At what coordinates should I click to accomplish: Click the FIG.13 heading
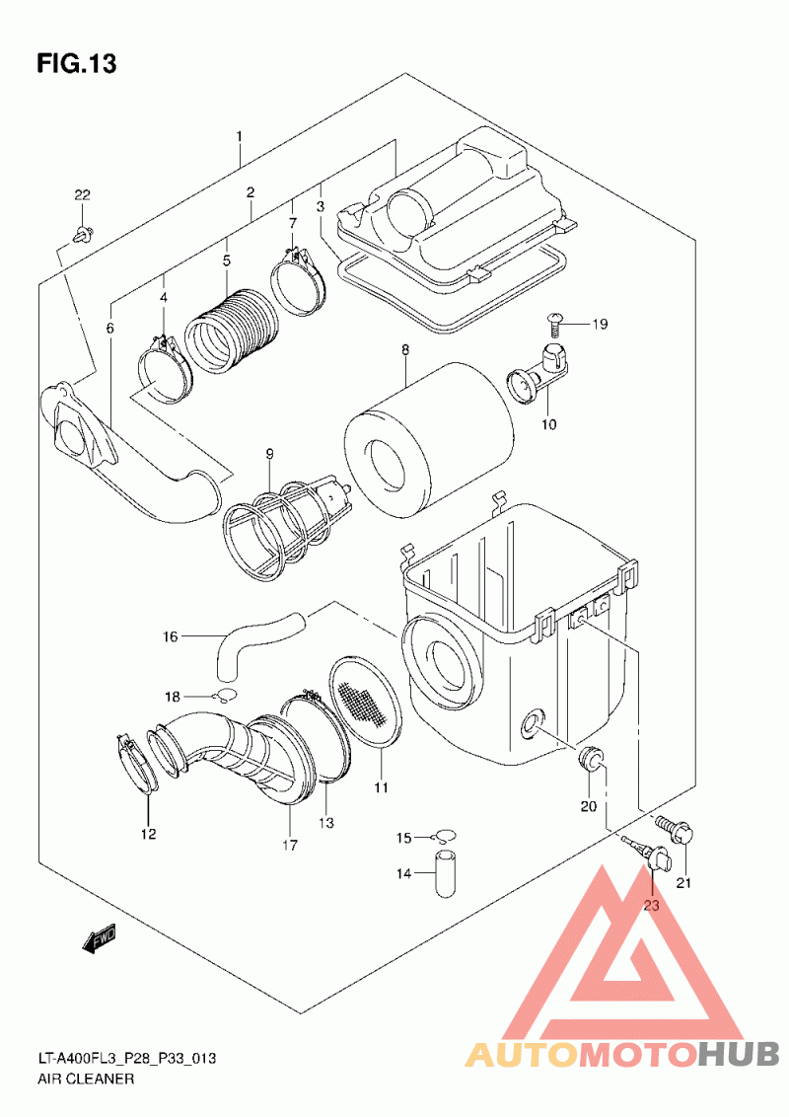[x=76, y=63]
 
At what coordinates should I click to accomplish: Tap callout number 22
[x=83, y=195]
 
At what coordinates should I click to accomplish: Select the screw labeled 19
[x=555, y=324]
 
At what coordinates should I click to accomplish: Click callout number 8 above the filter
[x=405, y=349]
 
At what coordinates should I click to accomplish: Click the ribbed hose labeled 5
[x=232, y=332]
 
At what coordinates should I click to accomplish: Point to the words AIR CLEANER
[x=86, y=1079]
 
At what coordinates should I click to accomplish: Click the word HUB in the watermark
[x=739, y=1054]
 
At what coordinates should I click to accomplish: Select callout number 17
[x=289, y=845]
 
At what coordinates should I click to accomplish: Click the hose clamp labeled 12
[x=137, y=764]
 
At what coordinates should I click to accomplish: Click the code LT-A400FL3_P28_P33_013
[x=127, y=1059]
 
